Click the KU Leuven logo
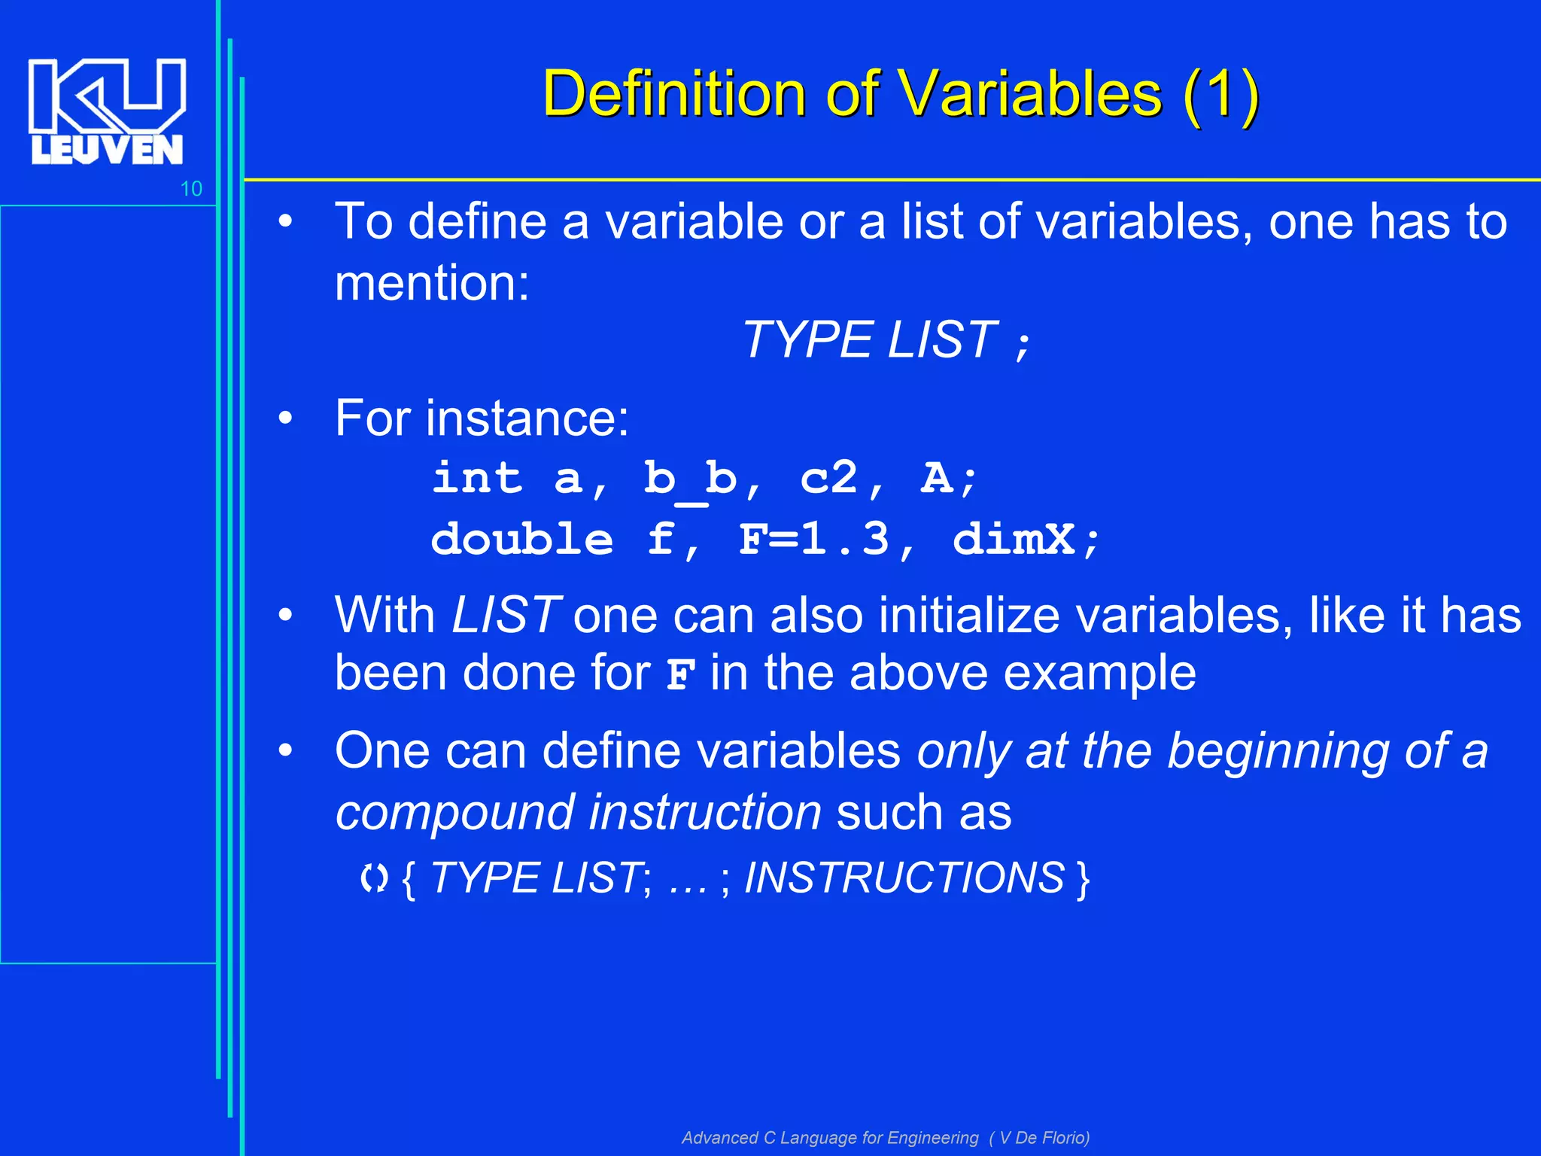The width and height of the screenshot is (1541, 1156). (x=106, y=111)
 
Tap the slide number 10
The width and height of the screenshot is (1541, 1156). (x=191, y=189)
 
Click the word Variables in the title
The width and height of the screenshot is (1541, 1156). (x=1038, y=93)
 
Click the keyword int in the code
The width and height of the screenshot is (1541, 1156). (x=476, y=478)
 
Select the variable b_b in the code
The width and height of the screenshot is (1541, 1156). (x=689, y=479)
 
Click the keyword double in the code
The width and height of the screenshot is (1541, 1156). (x=521, y=540)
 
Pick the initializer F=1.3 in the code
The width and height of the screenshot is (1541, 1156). (x=813, y=540)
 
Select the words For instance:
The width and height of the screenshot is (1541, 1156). (x=482, y=418)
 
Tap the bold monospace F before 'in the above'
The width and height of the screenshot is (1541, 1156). (x=680, y=674)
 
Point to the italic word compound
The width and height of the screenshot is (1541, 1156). (x=454, y=813)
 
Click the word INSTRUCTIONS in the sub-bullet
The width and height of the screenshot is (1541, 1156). (x=904, y=878)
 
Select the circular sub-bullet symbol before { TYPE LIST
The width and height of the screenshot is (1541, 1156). (x=374, y=878)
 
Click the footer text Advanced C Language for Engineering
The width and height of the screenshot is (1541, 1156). (x=830, y=1137)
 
